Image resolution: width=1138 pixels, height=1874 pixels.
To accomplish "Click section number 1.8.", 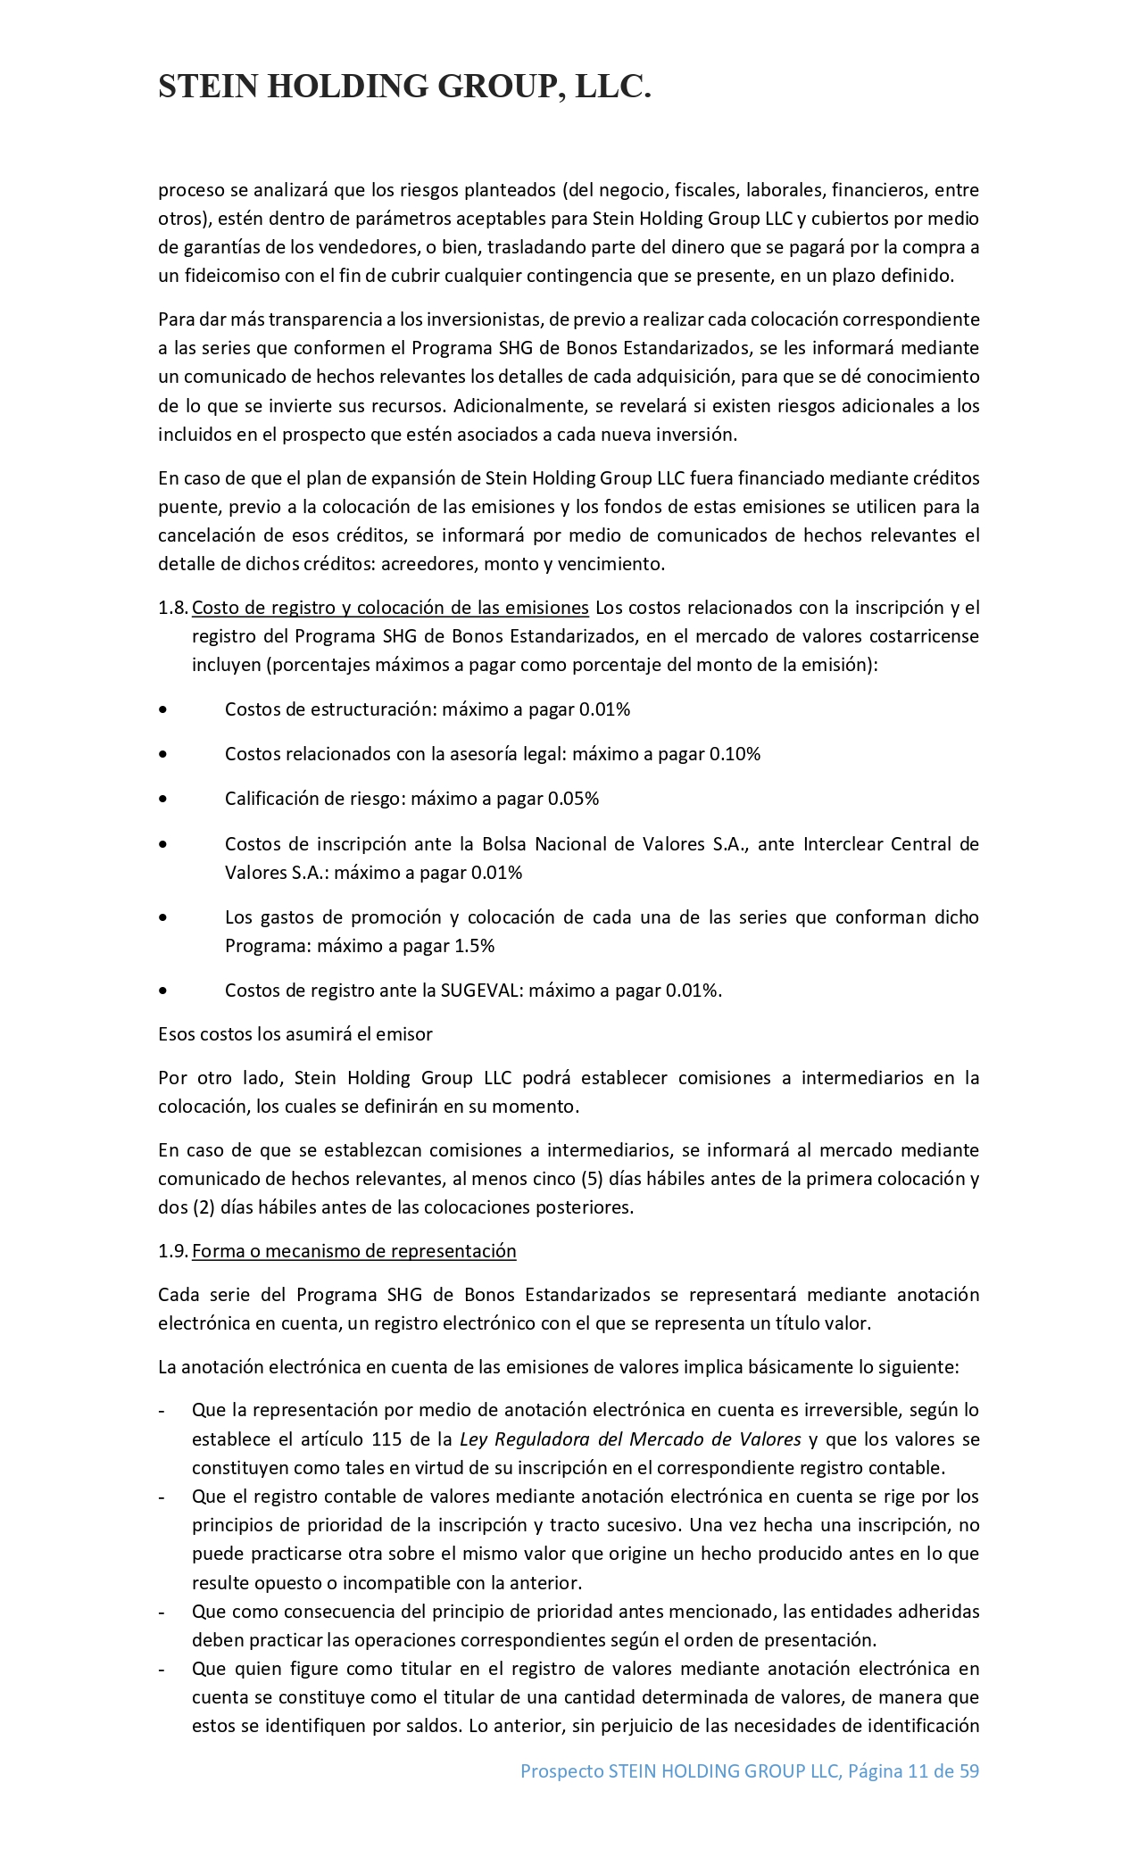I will coord(172,608).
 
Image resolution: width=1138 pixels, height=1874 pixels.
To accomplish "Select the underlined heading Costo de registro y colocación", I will coord(390,608).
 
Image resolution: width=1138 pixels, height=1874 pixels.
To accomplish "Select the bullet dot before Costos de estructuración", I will coord(162,710).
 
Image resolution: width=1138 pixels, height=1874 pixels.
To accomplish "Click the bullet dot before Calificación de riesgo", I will coord(162,800).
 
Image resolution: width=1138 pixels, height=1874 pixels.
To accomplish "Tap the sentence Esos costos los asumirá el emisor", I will coord(295,1034).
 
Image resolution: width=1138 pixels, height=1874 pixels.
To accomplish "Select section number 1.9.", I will coord(172,1251).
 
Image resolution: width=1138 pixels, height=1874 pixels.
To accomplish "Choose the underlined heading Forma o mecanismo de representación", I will coord(353,1251).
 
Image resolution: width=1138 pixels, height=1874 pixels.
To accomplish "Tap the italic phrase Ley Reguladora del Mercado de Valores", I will coord(630,1439).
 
